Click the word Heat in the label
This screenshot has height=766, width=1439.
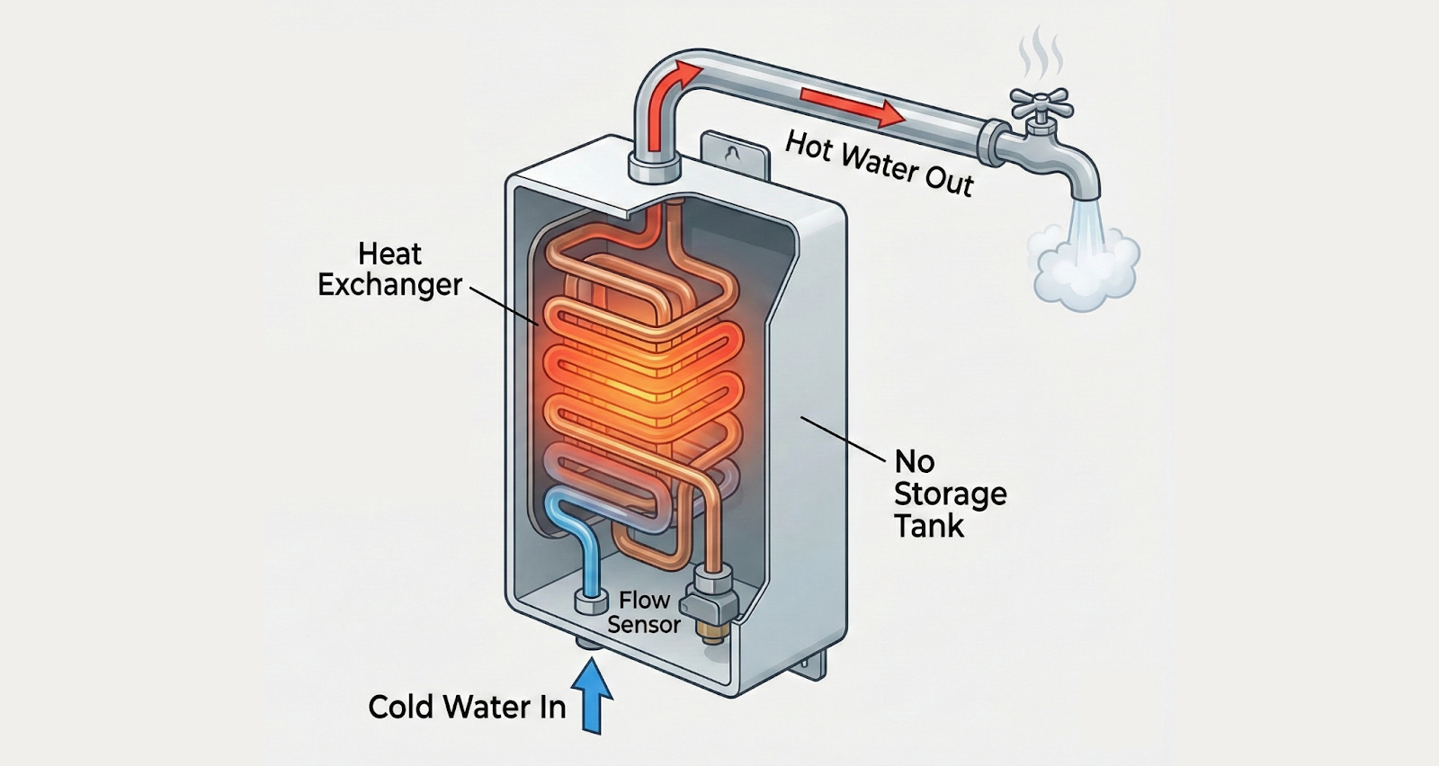(x=389, y=254)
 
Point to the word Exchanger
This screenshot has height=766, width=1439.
(x=389, y=285)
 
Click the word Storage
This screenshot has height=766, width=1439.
(x=950, y=494)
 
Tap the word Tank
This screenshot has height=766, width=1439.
(x=928, y=526)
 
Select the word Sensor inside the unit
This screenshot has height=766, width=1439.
(x=643, y=624)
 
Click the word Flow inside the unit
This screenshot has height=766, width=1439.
(x=644, y=600)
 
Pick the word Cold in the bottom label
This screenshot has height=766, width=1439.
(x=401, y=707)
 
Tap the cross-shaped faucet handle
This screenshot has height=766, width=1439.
(x=1040, y=102)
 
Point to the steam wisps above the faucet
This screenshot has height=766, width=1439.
(x=1040, y=53)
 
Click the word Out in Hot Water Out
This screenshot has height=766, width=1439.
(x=949, y=179)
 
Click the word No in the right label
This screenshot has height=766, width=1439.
(x=914, y=461)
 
